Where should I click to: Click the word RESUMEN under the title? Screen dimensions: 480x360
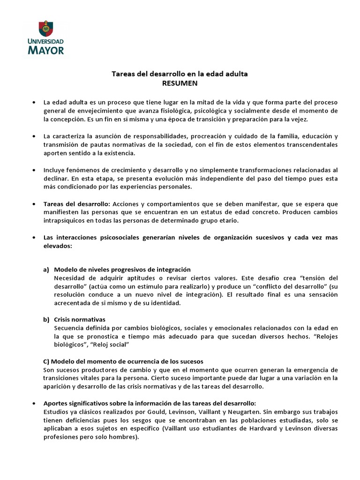[x=180, y=83]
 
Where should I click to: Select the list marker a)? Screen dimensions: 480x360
[x=46, y=270]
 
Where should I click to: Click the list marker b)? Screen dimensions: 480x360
[x=46, y=319]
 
